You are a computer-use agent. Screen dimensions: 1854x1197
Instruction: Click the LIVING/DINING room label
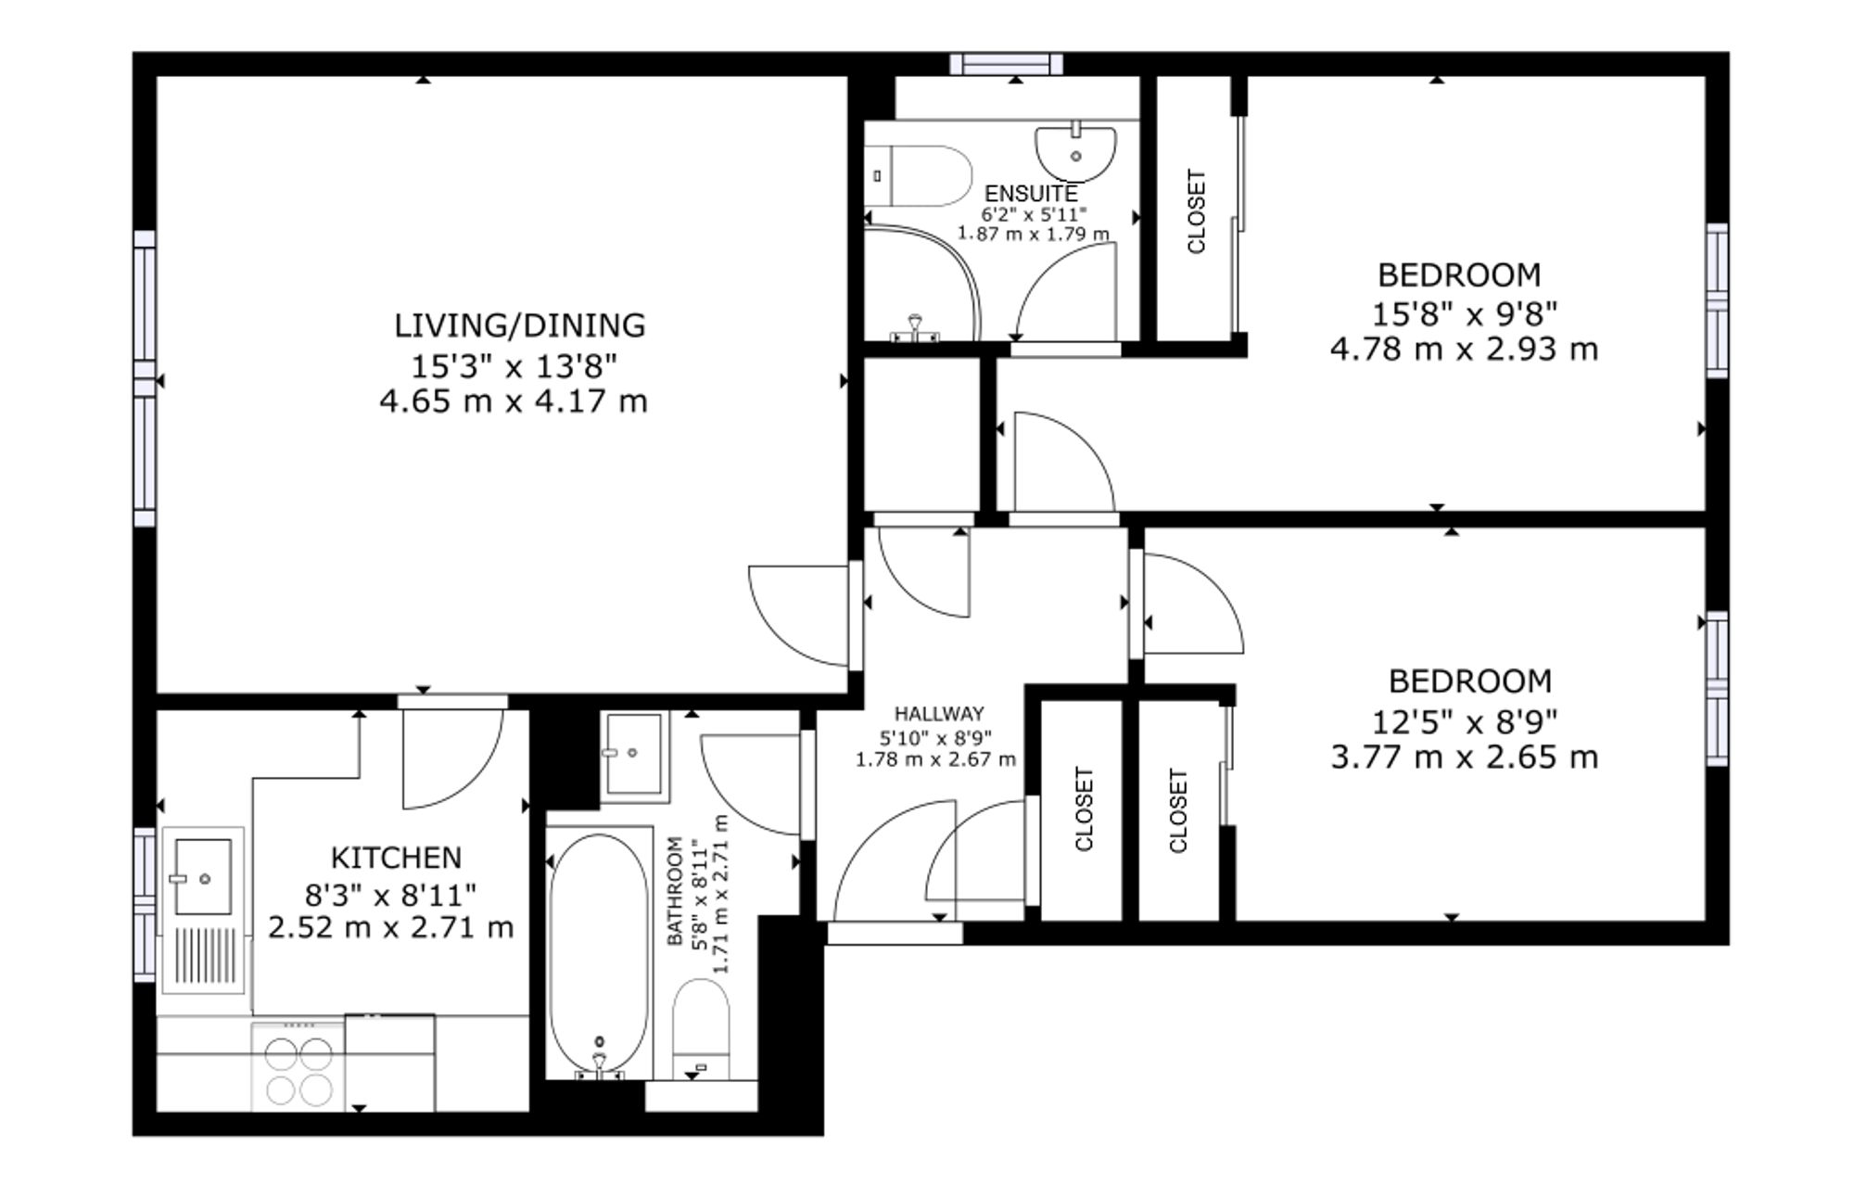519,325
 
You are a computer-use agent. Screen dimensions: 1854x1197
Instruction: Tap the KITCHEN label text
396,858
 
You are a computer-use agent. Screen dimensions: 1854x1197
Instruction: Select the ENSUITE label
1031,194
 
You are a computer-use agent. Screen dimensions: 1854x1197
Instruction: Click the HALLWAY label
939,714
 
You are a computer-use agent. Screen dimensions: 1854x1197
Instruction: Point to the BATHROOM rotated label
675,891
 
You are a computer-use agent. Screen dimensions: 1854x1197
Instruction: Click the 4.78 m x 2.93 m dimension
1464,350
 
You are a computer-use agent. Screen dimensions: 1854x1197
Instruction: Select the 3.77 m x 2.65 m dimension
1465,758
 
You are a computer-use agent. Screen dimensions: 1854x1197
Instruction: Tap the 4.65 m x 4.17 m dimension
513,401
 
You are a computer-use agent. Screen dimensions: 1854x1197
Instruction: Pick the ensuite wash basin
1075,152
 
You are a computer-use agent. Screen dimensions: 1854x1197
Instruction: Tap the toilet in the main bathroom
702,1029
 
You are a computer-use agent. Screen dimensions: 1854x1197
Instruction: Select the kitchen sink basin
202,877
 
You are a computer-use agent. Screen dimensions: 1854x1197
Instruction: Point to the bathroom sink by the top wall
635,756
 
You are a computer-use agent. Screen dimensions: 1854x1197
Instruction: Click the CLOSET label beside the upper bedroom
1196,211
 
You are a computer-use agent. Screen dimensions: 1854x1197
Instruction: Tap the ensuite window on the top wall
1006,63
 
